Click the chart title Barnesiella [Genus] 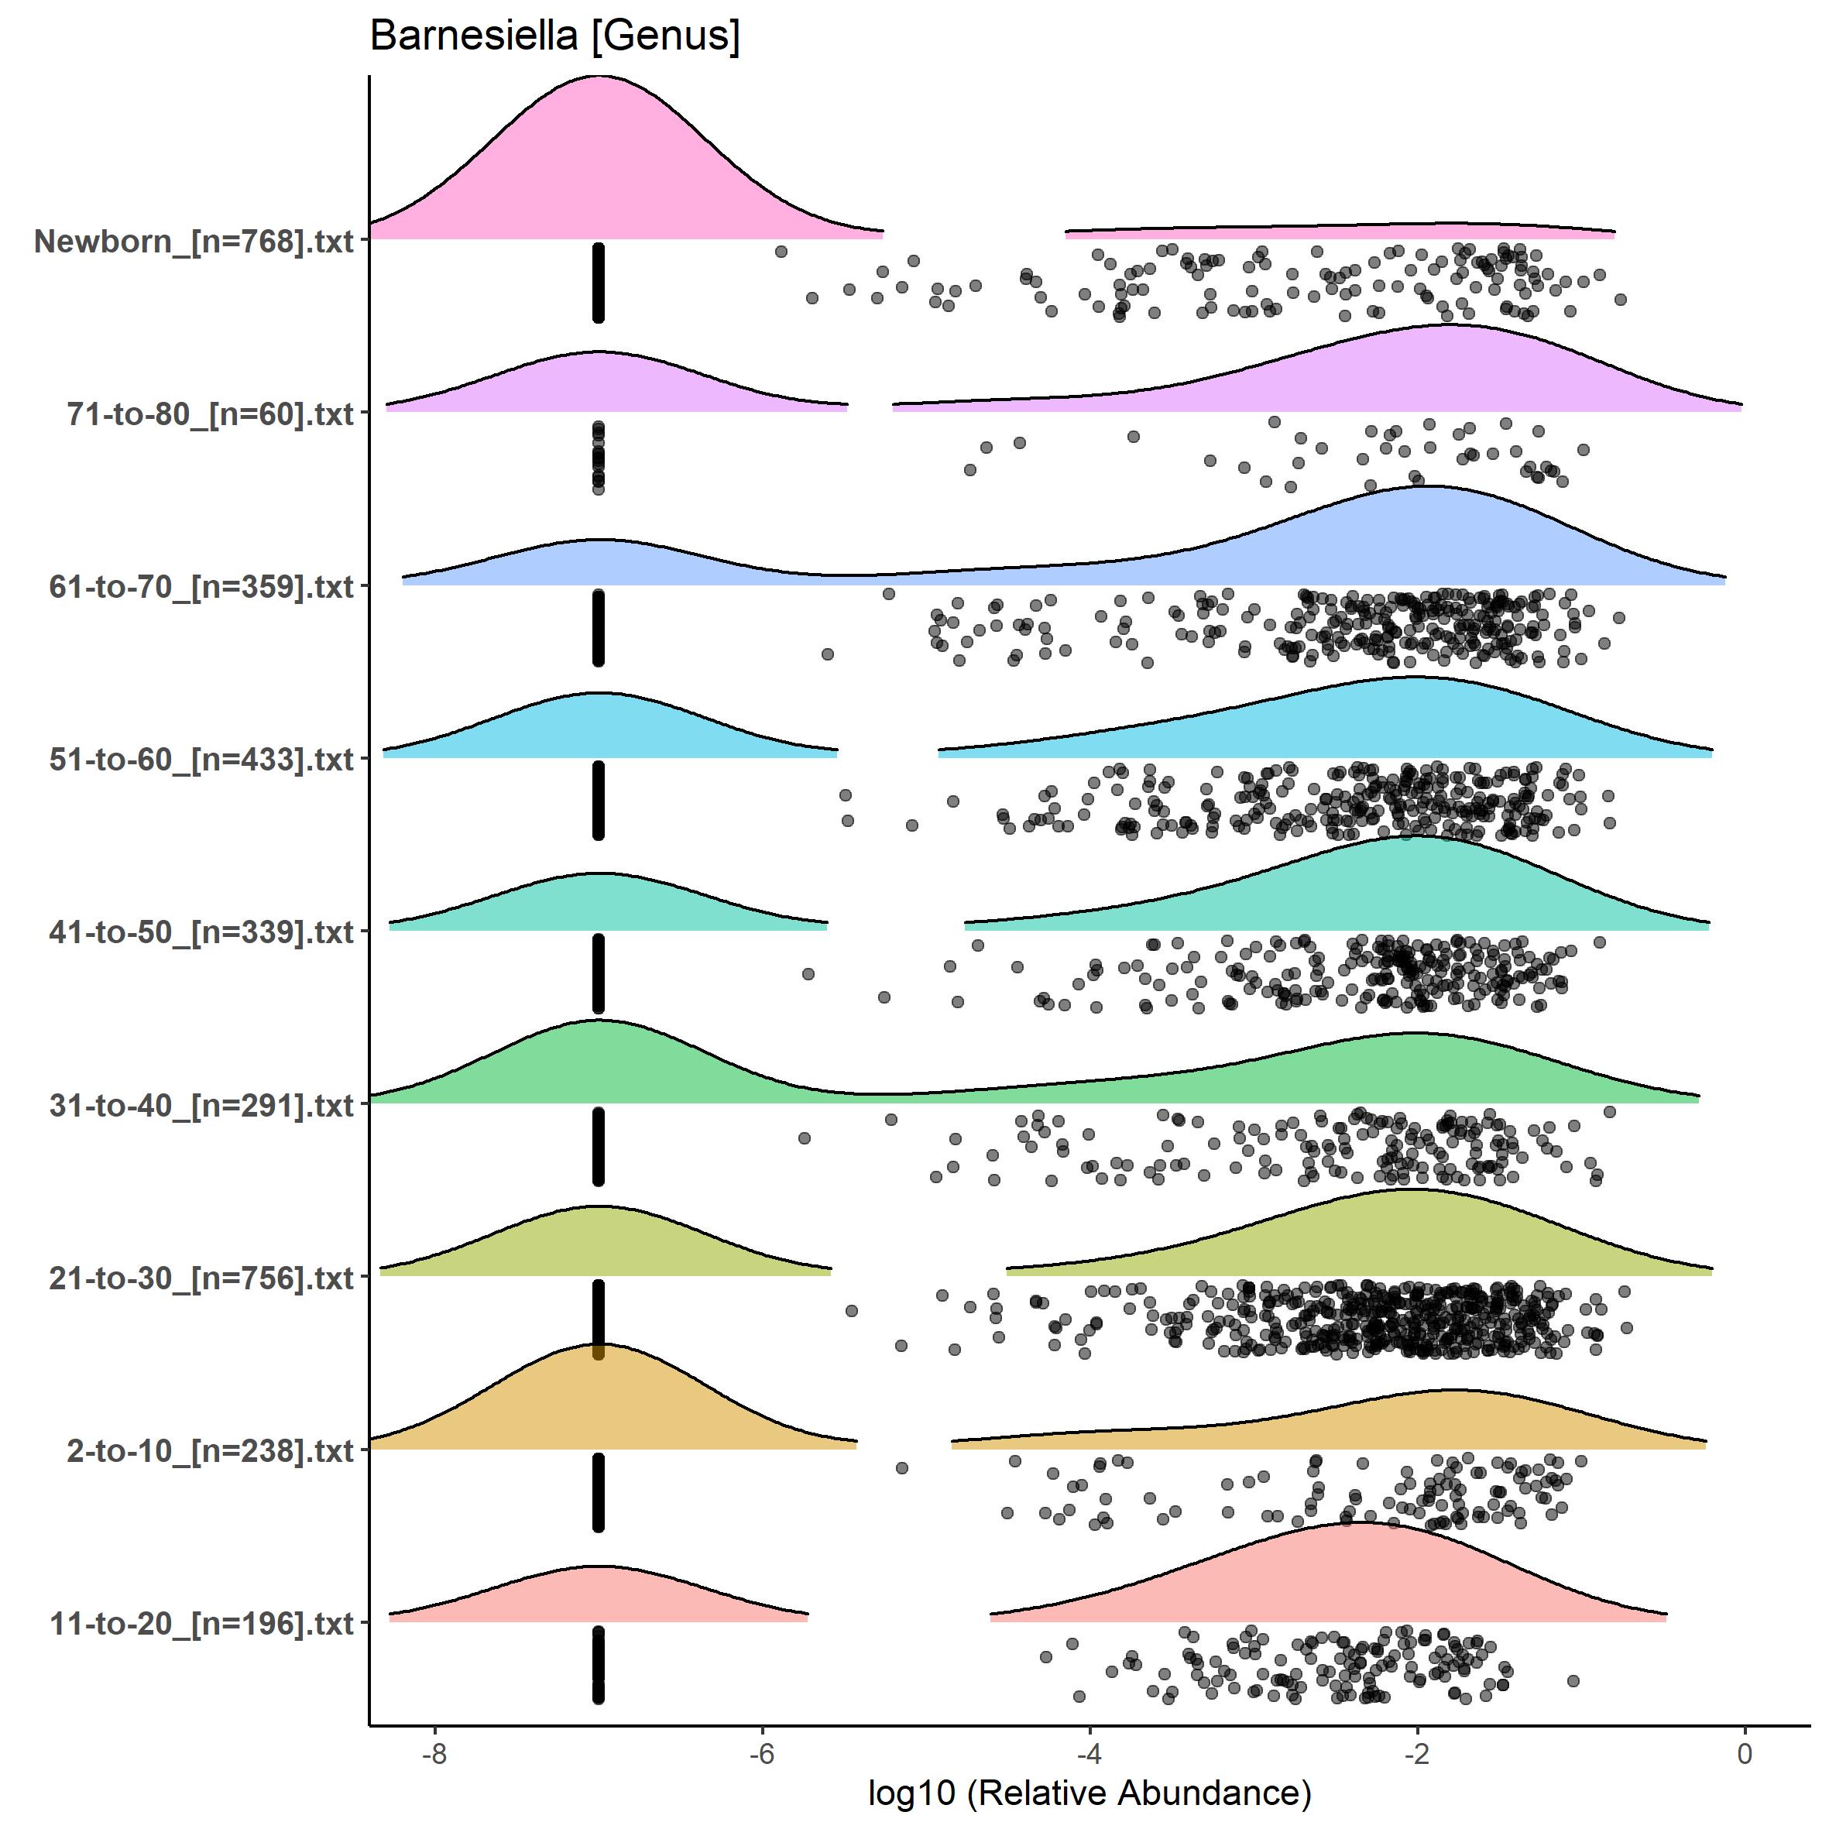click(x=554, y=36)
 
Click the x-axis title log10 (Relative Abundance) click(x=1089, y=1792)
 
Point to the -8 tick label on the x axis click(x=434, y=1753)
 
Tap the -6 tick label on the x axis click(x=761, y=1753)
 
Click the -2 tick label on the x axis click(x=1416, y=1753)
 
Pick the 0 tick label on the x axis click(x=1745, y=1753)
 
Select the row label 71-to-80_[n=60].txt click(x=210, y=413)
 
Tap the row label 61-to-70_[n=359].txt click(x=201, y=587)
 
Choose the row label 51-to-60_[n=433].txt click(x=201, y=759)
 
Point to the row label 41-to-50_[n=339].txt click(x=201, y=932)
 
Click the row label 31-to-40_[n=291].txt click(x=201, y=1105)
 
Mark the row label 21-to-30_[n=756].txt click(x=201, y=1278)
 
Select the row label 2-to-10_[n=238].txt click(x=210, y=1450)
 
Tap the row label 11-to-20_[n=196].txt click(x=201, y=1624)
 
